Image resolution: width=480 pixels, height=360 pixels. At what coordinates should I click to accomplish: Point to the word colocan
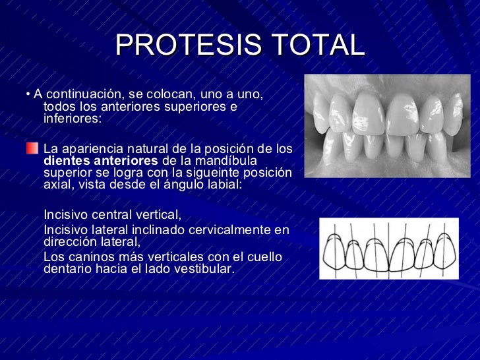173,95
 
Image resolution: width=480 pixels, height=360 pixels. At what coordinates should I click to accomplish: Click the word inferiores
72,119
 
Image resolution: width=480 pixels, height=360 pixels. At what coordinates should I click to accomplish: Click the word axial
57,185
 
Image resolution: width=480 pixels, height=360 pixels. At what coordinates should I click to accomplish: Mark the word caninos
88,256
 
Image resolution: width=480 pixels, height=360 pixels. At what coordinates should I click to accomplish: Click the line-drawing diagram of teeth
389,249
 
